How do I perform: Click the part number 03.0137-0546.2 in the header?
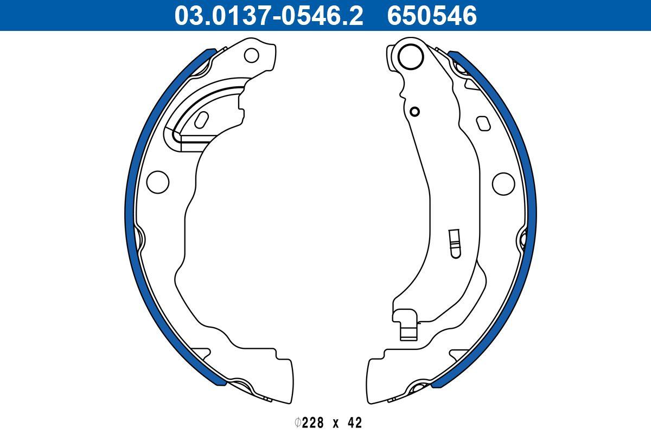(268, 15)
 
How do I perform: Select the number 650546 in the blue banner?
(431, 15)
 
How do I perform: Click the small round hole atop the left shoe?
(252, 54)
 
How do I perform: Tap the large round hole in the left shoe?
(158, 181)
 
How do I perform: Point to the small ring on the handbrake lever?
(414, 112)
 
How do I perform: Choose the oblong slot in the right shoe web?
(482, 123)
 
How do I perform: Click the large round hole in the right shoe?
(503, 183)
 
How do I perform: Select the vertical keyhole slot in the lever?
(454, 242)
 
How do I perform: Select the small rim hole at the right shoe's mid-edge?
(523, 239)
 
